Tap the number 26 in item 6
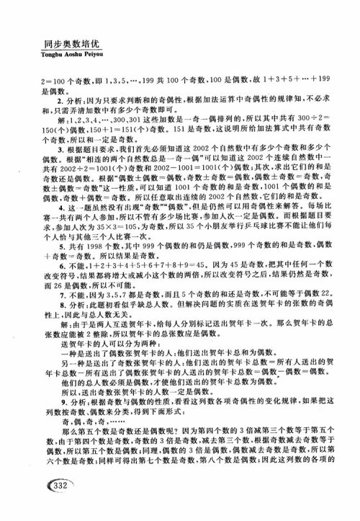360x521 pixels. click(x=48, y=305)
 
